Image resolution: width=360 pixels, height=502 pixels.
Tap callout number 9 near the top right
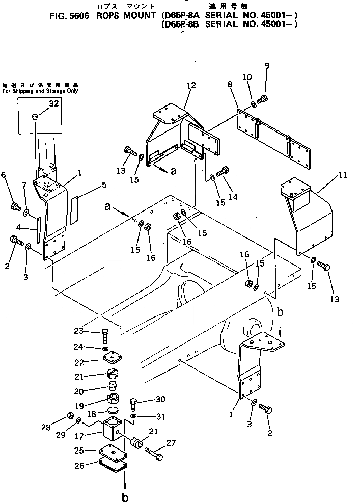267,66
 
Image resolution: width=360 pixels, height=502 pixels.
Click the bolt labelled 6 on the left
14,206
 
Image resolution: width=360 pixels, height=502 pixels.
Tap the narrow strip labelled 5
74,208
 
